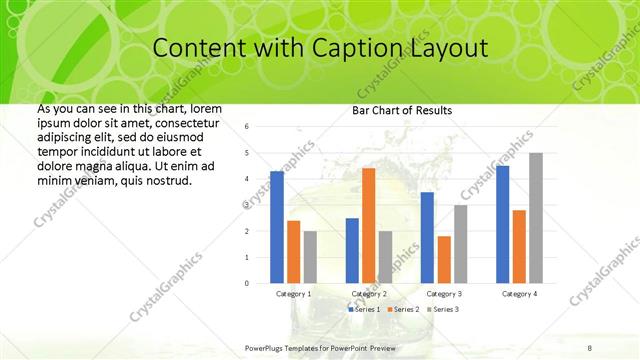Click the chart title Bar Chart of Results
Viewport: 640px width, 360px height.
[402, 110]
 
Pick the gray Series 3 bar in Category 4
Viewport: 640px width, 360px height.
[536, 218]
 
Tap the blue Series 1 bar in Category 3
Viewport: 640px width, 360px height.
[427, 237]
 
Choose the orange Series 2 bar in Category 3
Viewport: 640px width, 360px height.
[443, 259]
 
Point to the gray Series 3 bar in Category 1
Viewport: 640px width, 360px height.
[310, 257]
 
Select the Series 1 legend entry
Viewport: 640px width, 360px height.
[365, 310]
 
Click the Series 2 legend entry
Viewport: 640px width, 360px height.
[402, 310]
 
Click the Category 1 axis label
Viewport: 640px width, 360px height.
[293, 294]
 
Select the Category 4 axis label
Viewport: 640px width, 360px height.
[519, 294]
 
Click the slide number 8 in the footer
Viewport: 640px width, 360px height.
[590, 347]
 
